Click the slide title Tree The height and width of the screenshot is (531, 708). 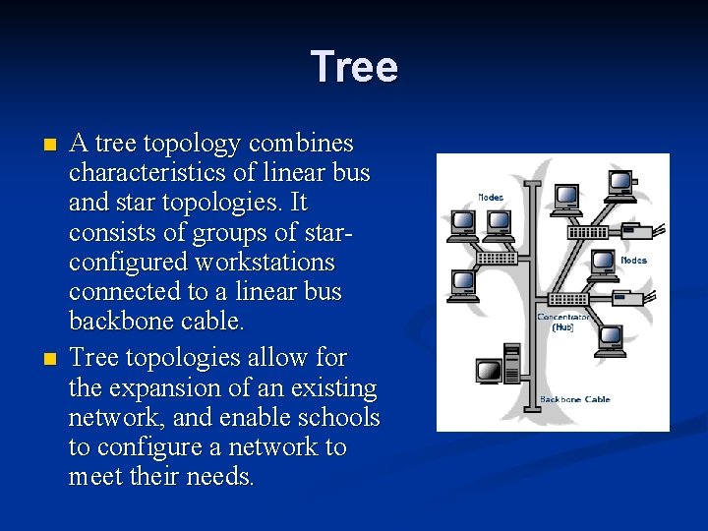tap(354, 68)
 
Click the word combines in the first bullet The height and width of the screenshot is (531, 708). tap(301, 144)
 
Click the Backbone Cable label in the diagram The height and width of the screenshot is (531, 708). tap(574, 399)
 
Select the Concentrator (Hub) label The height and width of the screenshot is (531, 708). tap(563, 323)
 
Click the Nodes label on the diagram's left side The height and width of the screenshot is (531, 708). tap(491, 198)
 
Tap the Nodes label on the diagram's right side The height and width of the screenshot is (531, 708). tap(633, 260)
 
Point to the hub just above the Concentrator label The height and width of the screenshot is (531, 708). tap(567, 299)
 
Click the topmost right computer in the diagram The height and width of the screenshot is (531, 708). tap(619, 184)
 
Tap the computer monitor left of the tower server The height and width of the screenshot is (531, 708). tap(489, 371)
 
